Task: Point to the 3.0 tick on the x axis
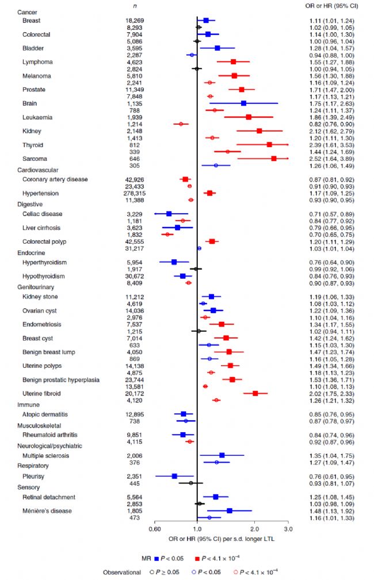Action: (x=288, y=529)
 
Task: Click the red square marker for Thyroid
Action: (x=269, y=145)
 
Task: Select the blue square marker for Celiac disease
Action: (x=169, y=214)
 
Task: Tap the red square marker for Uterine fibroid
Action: (x=255, y=393)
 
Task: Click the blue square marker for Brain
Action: (x=243, y=103)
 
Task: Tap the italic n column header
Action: (x=135, y=5)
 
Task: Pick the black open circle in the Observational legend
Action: (x=149, y=573)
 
